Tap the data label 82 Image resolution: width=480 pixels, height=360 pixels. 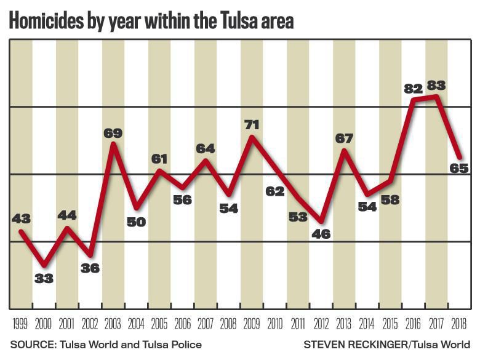pos(414,88)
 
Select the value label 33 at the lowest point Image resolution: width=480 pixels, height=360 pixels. pos(44,278)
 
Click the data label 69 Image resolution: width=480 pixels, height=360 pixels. pos(113,132)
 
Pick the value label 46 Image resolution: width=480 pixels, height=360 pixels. pos(321,234)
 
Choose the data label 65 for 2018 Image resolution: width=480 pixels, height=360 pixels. pos(460,167)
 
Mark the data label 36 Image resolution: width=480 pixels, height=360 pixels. pos(89,268)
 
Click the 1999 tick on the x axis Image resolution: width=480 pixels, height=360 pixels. pos(20,323)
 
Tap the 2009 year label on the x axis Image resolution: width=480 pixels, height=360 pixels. pos(251,323)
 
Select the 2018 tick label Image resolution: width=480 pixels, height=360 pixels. pos(458,323)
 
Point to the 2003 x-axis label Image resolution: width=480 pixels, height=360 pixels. pos(113,323)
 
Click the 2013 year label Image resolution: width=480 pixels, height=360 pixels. pos(343,323)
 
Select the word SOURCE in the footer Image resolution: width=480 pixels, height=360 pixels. pos(31,344)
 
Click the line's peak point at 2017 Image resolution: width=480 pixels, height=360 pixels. pos(436,97)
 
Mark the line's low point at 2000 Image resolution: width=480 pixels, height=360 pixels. pos(44,265)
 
